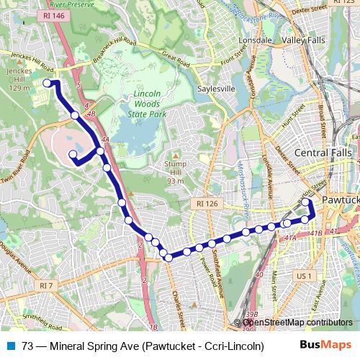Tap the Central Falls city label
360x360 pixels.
[323, 153]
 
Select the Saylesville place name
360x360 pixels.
[216, 89]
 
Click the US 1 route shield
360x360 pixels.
[304, 275]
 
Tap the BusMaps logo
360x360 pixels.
[329, 345]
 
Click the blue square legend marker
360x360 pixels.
[10, 346]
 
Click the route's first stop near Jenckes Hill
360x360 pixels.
[48, 84]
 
